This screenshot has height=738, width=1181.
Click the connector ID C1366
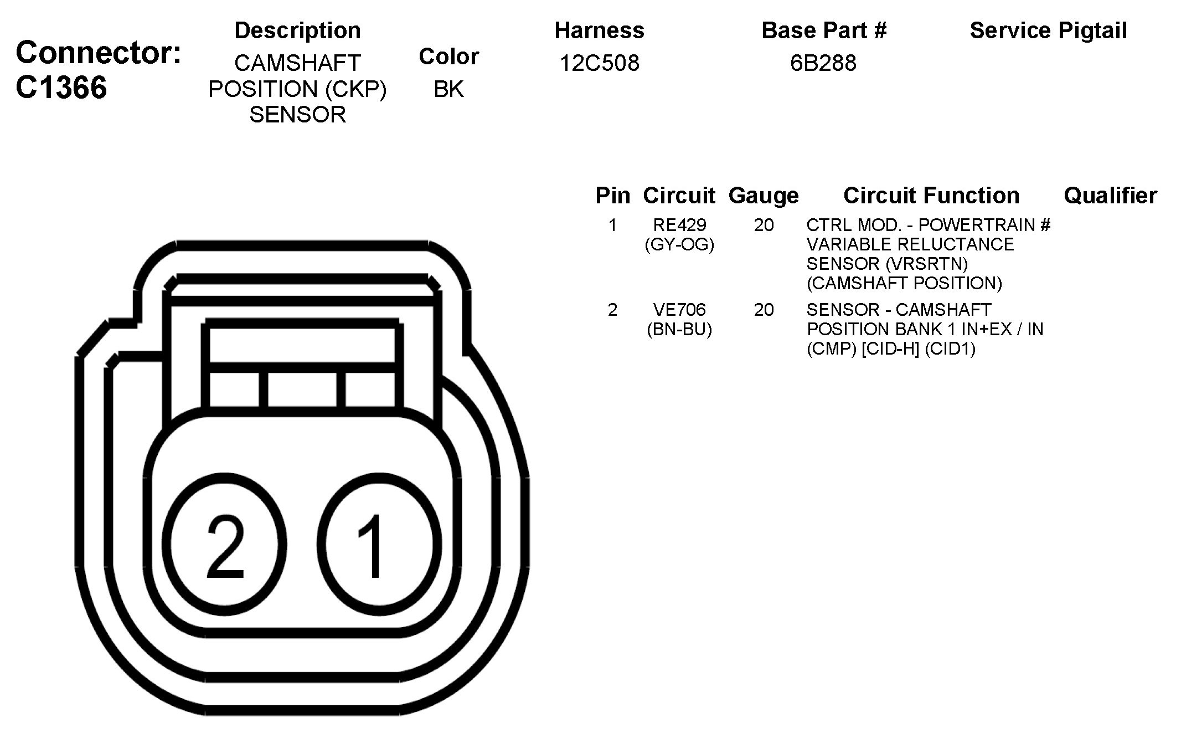61,88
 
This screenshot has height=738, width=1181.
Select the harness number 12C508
599,63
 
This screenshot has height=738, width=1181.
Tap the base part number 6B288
823,63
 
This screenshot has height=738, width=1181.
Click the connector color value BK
448,89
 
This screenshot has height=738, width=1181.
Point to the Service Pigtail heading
1048,31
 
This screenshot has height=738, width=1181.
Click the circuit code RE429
679,225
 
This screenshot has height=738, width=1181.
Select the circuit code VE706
679,310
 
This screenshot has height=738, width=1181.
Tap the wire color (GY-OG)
679,244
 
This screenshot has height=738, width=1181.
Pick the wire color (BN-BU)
679,329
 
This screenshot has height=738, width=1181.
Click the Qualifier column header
1110,196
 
